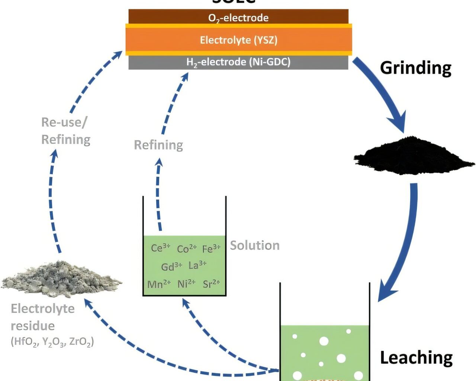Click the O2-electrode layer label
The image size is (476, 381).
pos(238,17)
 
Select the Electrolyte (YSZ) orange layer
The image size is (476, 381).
pos(238,40)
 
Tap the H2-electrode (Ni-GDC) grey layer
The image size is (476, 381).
pos(238,62)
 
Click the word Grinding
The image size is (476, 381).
pos(415,68)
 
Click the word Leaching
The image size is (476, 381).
pos(416,358)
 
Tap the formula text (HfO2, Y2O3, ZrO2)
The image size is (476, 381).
pos(52,342)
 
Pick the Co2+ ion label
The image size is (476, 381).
pos(187,249)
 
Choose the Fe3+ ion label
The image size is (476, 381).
pos(211,249)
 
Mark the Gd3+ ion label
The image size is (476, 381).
pos(171,266)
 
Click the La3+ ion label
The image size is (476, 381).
pos(197,265)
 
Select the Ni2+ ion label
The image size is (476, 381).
pos(186,284)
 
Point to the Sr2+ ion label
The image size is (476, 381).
pos(211,284)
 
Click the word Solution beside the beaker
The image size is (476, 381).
pos(255,246)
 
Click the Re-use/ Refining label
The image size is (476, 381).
pos(66,131)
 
